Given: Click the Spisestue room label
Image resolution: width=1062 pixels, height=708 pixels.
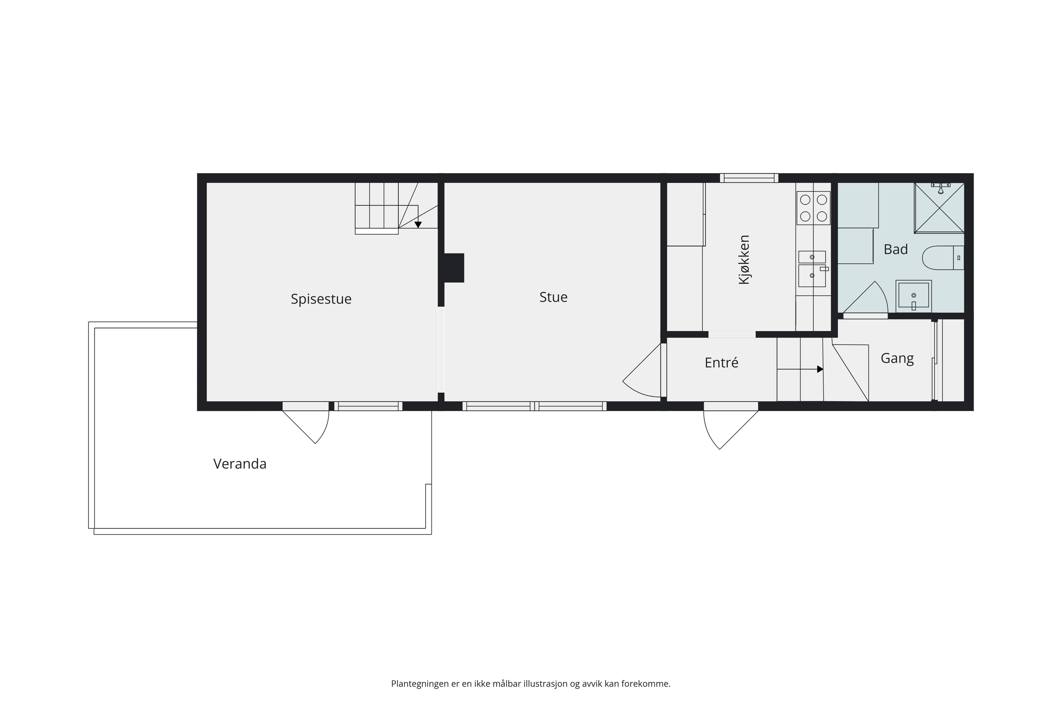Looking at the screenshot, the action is click(x=321, y=299).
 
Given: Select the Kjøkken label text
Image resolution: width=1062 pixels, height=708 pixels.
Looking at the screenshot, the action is click(x=744, y=260).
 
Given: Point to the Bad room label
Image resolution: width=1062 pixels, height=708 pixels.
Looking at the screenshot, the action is click(x=896, y=249).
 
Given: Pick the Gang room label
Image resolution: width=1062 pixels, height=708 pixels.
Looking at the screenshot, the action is click(x=897, y=358).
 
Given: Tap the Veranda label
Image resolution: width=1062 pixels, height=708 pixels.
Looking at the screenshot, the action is click(x=240, y=464).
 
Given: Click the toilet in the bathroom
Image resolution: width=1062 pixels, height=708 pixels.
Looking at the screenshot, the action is click(x=943, y=258).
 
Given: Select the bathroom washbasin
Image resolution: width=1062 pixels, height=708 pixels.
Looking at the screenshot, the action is click(x=913, y=296).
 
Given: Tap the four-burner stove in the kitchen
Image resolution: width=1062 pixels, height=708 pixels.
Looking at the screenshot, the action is click(x=813, y=208).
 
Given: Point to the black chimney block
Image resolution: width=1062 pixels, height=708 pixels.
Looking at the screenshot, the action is click(x=454, y=268).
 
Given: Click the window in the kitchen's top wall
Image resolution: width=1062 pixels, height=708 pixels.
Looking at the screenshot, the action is click(x=749, y=178).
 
